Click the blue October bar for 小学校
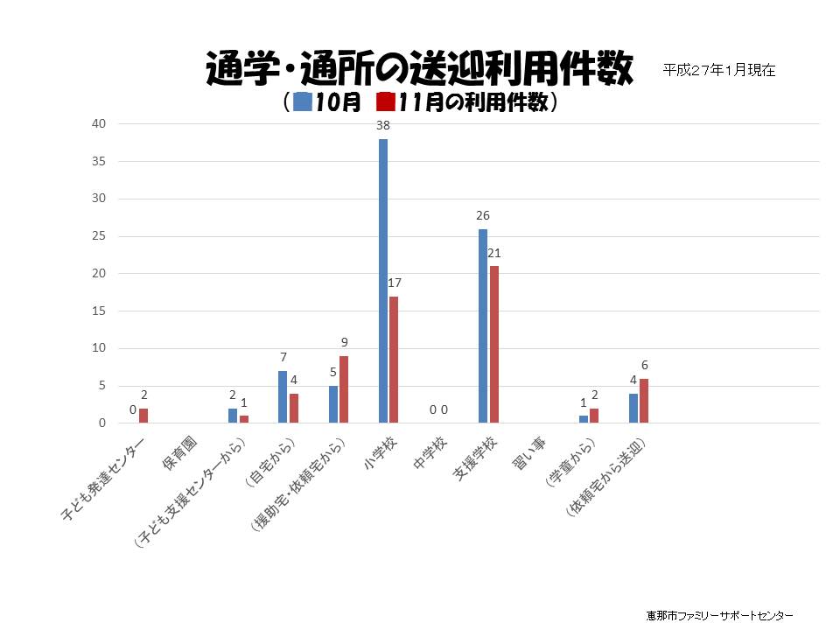tap(382, 281)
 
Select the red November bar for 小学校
tap(394, 360)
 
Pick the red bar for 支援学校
tap(494, 345)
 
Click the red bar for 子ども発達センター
tap(143, 416)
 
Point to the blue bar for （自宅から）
tap(283, 397)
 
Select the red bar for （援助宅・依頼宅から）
tap(344, 389)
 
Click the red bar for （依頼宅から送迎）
tap(644, 401)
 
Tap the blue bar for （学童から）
tap(584, 419)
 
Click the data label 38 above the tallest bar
tap(382, 125)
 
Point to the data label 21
tap(495, 253)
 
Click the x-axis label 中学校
tap(431, 455)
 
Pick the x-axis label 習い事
tap(529, 455)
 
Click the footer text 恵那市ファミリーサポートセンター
tap(719, 614)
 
